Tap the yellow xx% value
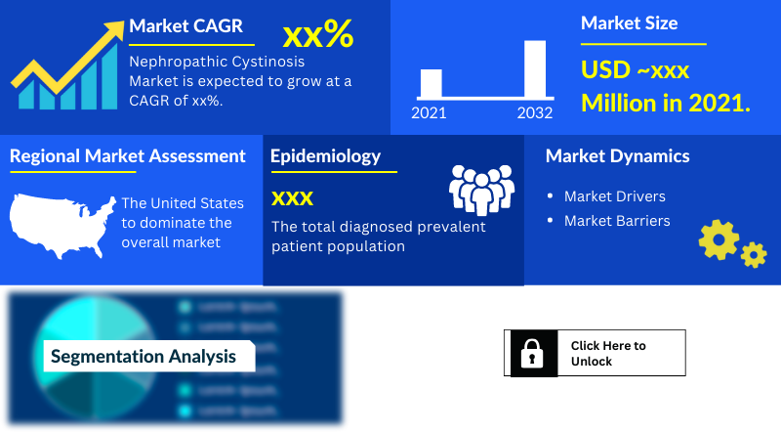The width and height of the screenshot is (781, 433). [x=317, y=35]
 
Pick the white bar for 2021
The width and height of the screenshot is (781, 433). [x=431, y=83]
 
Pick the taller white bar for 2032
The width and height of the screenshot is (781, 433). [x=535, y=68]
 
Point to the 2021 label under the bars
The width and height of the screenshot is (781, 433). [x=429, y=113]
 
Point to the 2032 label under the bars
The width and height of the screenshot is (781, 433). [x=535, y=113]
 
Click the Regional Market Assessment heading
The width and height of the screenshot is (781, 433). [x=128, y=156]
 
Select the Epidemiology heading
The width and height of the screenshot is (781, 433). [x=325, y=156]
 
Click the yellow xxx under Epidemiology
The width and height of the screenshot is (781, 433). [x=292, y=199]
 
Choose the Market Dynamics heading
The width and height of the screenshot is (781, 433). [x=617, y=156]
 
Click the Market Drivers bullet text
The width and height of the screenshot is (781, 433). [x=615, y=196]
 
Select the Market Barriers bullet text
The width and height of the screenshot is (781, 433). [x=617, y=221]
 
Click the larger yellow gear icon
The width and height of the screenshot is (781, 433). [x=719, y=238]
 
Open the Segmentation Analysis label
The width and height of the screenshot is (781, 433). [x=144, y=357]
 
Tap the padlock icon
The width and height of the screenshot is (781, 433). [x=533, y=353]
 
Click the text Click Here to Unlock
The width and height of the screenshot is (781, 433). [x=608, y=353]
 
